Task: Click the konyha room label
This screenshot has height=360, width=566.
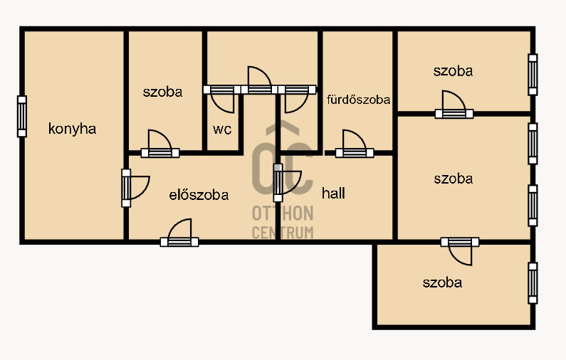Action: pos(72,129)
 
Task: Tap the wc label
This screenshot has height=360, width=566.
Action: pos(222,129)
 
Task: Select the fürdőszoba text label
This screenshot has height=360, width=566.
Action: pos(358,100)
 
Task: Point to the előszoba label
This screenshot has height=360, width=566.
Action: pos(199,195)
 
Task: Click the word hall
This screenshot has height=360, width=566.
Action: pos(333,193)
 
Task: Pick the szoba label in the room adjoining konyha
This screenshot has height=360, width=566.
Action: pos(162,92)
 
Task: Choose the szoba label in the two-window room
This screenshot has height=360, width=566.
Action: pos(454,179)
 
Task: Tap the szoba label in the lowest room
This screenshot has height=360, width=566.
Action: pos(442,282)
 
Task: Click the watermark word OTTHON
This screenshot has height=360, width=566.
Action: pos(283,213)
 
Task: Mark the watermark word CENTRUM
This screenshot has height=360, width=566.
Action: pos(283,233)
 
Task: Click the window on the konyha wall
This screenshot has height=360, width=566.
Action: pos(22,117)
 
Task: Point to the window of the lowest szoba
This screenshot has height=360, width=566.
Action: pos(533,283)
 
